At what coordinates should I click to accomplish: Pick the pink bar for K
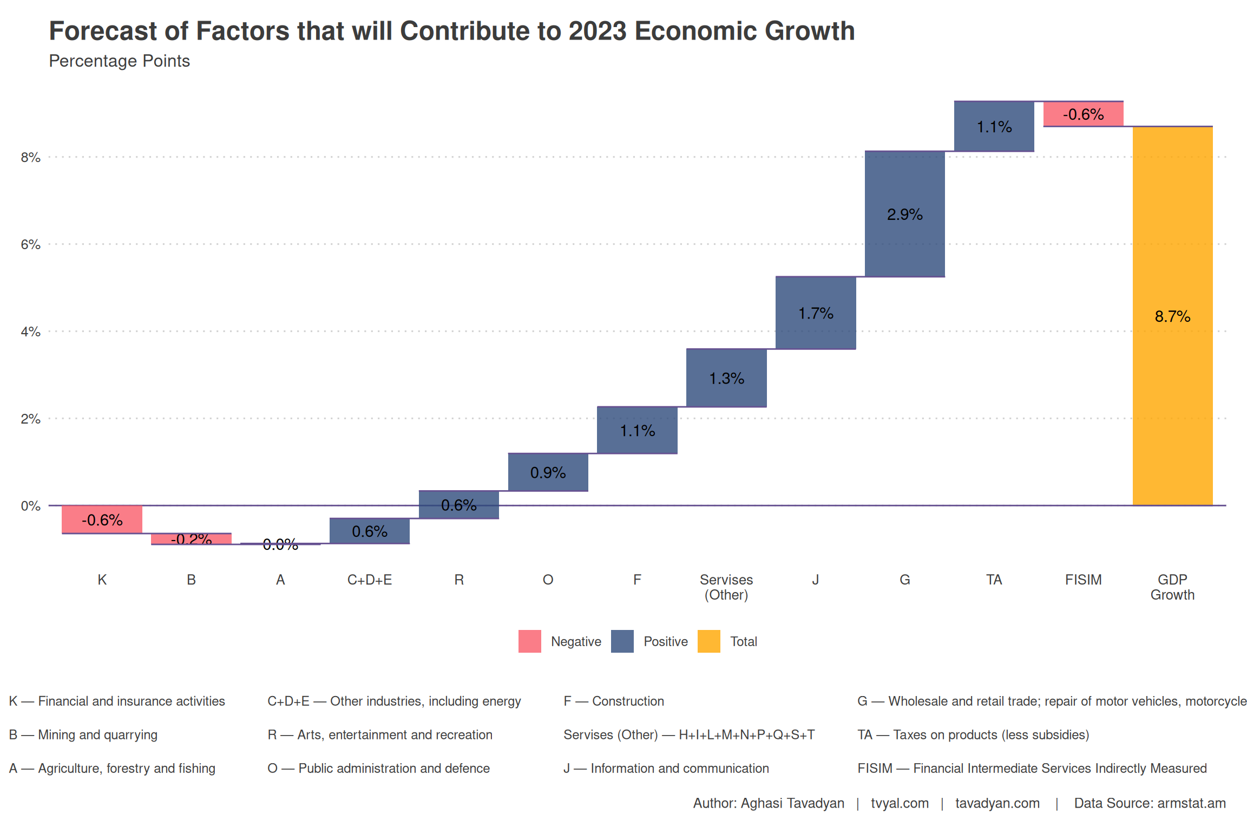102,519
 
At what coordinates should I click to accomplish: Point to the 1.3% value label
726,378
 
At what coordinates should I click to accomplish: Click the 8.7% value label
1172,316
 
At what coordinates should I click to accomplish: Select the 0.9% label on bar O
548,472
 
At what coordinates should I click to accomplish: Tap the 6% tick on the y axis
30,244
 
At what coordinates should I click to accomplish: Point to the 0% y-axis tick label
30,506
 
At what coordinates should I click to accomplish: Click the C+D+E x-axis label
369,580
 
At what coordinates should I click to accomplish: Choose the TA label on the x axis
994,580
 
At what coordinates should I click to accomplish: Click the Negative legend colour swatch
529,641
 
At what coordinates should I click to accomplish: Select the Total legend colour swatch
708,641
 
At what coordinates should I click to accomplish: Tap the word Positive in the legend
665,641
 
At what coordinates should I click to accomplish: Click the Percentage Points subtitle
119,61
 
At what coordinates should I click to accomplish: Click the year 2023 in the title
596,31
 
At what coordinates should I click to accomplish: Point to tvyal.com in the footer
900,803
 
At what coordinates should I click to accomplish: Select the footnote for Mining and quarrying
83,734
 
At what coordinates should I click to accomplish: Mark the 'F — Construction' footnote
613,701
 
